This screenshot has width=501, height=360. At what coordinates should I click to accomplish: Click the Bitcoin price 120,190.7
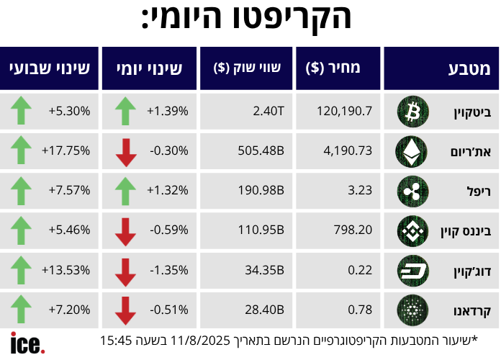pos(344,111)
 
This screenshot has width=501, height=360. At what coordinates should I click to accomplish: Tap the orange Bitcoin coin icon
pos(412,112)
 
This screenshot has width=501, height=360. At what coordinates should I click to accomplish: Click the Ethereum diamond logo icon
pos(412,151)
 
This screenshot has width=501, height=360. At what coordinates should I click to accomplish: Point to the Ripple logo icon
pos(412,191)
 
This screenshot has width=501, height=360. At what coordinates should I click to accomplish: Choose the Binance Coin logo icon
pos(412,231)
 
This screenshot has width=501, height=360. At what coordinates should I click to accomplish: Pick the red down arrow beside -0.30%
pos(126,151)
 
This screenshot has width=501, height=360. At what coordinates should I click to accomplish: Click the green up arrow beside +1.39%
pos(126,111)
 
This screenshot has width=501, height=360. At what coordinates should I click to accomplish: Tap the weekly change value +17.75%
pos(66,150)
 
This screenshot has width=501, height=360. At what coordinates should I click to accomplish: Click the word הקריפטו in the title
pos(292,19)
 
